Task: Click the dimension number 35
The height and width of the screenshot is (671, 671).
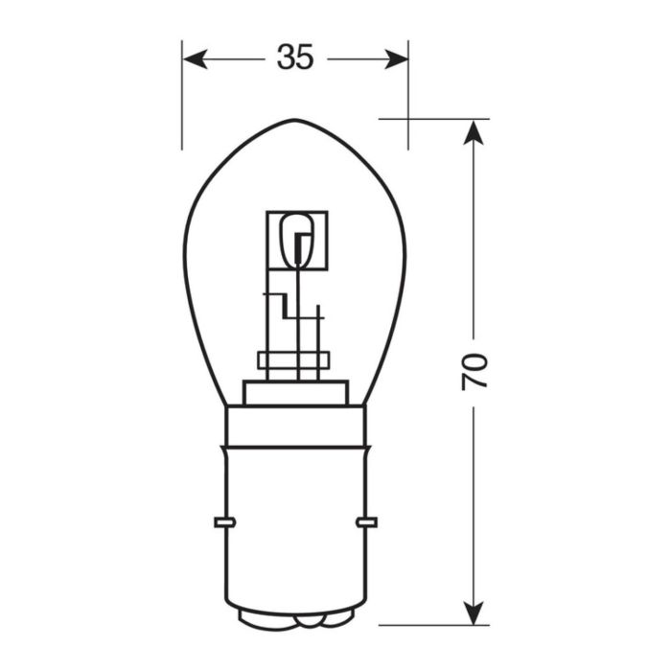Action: point(295,58)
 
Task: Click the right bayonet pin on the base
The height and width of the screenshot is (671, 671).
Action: point(365,522)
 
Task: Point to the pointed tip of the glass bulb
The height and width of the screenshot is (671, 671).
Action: point(295,121)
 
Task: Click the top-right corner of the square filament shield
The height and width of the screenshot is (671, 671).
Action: point(327,213)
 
